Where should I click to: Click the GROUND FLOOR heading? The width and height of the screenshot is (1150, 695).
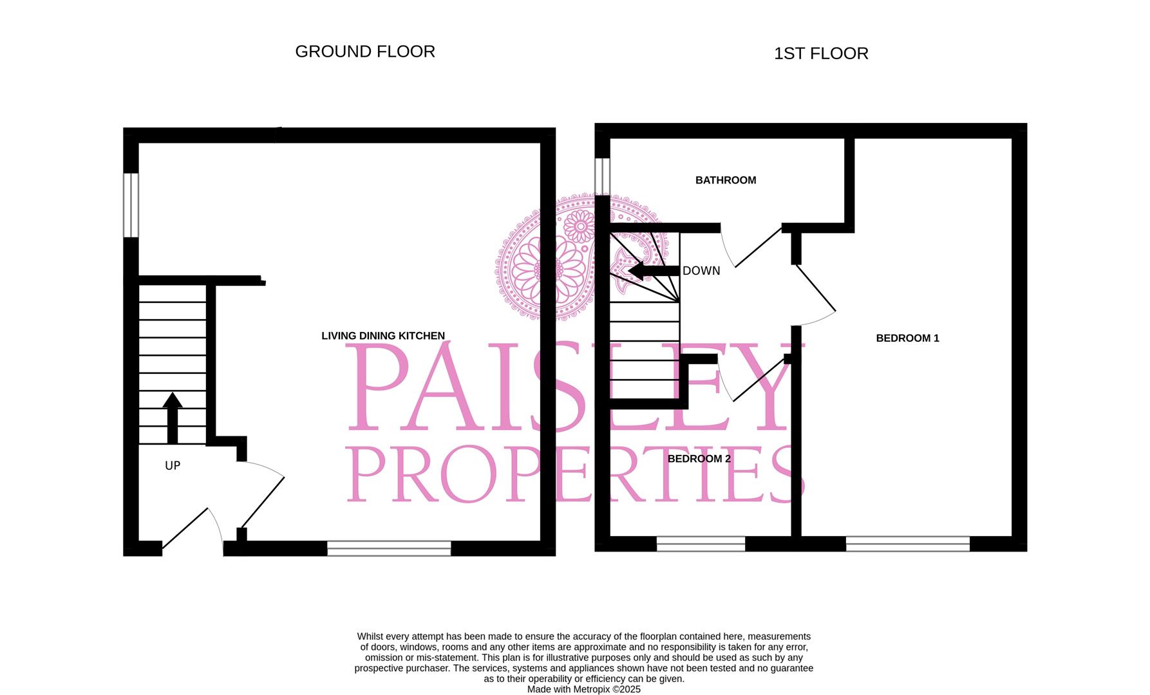tap(365, 51)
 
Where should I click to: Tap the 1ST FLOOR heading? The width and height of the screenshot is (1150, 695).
tap(821, 53)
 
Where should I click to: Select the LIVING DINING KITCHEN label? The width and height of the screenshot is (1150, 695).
tap(383, 336)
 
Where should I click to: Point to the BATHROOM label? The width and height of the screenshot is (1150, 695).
tap(726, 180)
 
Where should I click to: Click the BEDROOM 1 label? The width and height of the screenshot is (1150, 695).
tap(907, 338)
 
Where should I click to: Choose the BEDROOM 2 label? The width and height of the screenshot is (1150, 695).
tap(699, 459)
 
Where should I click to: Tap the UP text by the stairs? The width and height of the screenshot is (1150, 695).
tap(173, 466)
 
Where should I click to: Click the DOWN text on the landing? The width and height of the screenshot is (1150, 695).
tap(701, 271)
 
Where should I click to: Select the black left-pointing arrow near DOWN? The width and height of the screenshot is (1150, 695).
tap(653, 271)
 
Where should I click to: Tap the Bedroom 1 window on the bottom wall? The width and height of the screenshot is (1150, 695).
tap(907, 544)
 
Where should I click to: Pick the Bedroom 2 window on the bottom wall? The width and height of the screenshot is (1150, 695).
tap(701, 544)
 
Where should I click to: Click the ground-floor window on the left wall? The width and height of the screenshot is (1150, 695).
tap(131, 205)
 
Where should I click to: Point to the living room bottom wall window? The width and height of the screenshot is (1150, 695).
tap(389, 548)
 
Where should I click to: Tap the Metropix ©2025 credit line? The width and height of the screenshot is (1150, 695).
tap(583, 689)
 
